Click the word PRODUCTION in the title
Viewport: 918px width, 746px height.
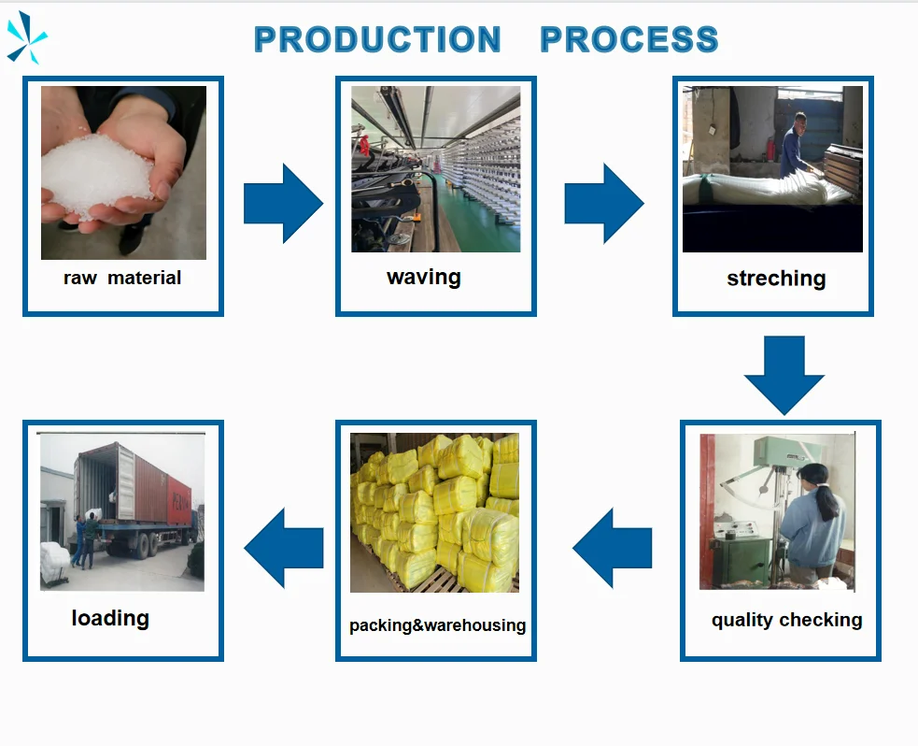(377, 40)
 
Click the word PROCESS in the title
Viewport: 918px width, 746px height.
(629, 40)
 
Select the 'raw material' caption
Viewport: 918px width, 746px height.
(122, 278)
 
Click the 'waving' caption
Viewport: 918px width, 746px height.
(423, 277)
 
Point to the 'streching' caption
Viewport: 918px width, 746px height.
(776, 279)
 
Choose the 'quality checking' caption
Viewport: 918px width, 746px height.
(786, 620)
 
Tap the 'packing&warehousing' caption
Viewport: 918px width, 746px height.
(437, 625)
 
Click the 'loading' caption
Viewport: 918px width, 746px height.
(110, 618)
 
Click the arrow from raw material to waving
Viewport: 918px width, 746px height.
(282, 204)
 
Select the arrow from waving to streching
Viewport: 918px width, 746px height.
(603, 204)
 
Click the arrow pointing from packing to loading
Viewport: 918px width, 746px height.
(283, 548)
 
